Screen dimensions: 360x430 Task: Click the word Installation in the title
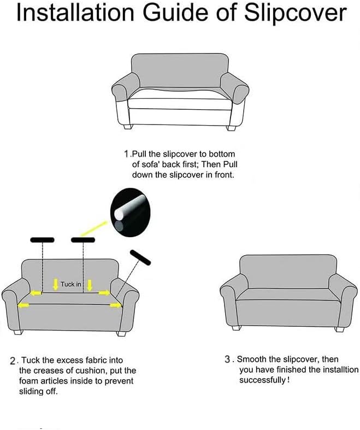[x=75, y=13]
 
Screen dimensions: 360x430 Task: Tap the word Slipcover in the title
[x=296, y=14]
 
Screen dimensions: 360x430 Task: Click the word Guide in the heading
[x=175, y=13]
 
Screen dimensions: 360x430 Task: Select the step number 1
[x=126, y=154]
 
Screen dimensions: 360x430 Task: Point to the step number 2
[x=13, y=361]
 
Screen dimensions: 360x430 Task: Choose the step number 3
[x=228, y=360]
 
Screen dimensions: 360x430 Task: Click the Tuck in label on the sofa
[x=71, y=284]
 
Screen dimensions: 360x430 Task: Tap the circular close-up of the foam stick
[x=131, y=213]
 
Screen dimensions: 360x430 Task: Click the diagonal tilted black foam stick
[x=140, y=257]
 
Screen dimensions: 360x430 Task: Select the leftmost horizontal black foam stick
[x=42, y=240]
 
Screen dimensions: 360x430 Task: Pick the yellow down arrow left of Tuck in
[x=56, y=285]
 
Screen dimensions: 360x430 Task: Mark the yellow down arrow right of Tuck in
[x=90, y=285]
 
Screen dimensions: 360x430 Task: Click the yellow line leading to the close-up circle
[x=93, y=228]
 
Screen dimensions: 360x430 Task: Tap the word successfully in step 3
[x=263, y=380]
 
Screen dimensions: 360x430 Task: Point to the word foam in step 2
[x=28, y=381]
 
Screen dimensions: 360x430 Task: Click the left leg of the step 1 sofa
[x=128, y=127]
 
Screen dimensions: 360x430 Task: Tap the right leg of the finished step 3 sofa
[x=339, y=329]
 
